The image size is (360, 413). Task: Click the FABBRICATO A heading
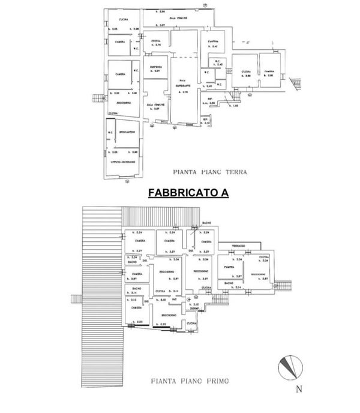179,194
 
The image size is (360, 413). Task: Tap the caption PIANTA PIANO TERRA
209,170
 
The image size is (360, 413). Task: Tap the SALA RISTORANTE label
185,85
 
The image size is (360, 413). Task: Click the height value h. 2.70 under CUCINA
159,46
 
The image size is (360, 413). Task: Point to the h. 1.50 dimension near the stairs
236,106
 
